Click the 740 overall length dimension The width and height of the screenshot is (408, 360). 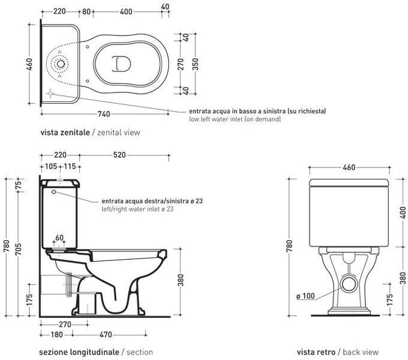click(x=104, y=114)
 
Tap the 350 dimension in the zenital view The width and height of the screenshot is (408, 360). click(x=196, y=64)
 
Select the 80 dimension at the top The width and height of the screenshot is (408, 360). click(x=86, y=12)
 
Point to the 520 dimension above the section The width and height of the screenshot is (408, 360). click(x=119, y=155)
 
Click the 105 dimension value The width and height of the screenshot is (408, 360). click(x=51, y=166)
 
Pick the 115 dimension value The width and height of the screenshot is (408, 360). click(x=70, y=166)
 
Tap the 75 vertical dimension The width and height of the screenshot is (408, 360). click(x=18, y=185)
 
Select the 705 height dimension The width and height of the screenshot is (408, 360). click(x=18, y=248)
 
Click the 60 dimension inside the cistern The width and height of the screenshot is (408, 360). click(x=59, y=238)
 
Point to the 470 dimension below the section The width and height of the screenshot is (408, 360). click(x=106, y=335)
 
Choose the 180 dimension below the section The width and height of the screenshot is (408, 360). click(x=57, y=335)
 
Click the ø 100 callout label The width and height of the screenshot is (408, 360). click(x=305, y=296)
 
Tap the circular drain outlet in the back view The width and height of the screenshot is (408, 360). click(x=349, y=284)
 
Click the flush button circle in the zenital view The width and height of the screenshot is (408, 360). click(x=61, y=64)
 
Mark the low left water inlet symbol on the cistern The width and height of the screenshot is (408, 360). click(x=50, y=93)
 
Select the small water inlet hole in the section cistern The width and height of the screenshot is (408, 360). click(x=54, y=192)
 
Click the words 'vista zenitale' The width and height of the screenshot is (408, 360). click(x=65, y=133)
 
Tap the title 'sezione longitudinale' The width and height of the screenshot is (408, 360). click(x=79, y=352)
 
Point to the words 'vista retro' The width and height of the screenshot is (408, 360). click(x=316, y=352)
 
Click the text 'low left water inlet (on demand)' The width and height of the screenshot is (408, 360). click(x=235, y=119)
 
